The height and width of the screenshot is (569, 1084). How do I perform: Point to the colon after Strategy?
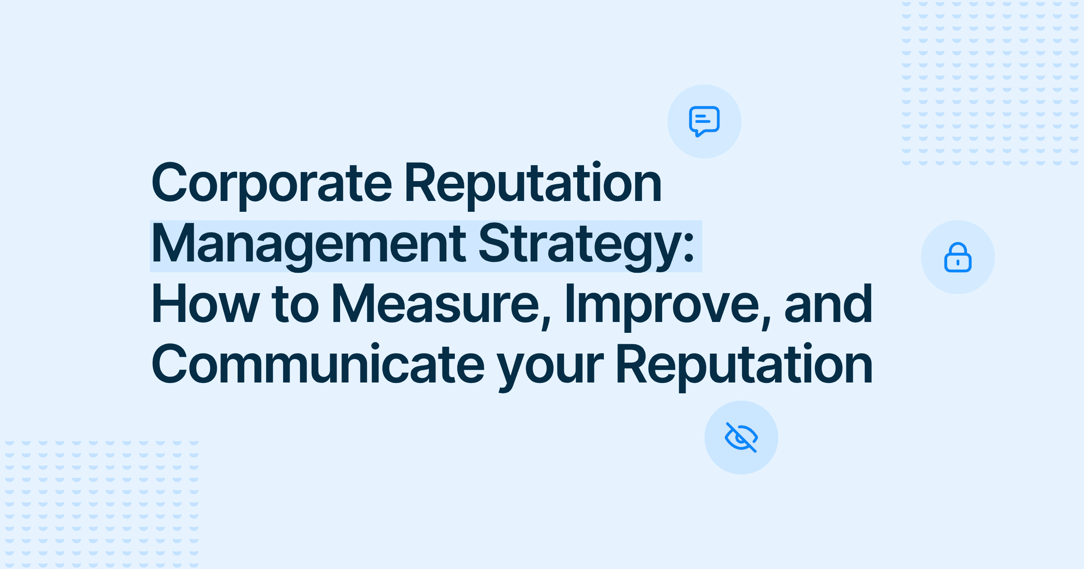click(689, 250)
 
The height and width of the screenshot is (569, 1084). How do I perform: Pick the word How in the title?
click(206, 303)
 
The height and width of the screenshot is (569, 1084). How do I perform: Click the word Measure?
click(435, 303)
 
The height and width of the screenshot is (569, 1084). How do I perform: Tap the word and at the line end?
click(828, 303)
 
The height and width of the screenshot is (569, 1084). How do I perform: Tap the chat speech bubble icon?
click(704, 121)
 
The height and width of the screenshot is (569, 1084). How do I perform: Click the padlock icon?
click(958, 257)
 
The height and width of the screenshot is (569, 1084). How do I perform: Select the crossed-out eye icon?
click(741, 437)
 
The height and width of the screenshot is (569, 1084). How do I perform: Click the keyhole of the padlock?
click(958, 262)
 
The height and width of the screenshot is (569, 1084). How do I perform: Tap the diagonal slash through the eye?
click(741, 437)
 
